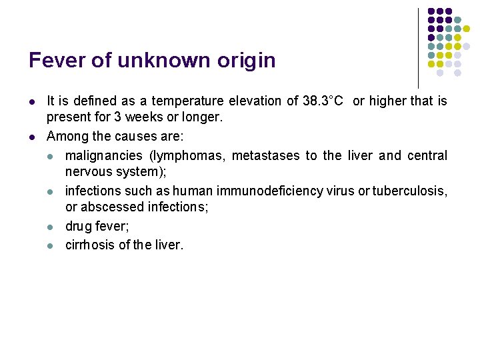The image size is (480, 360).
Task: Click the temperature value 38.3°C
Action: [x=323, y=101]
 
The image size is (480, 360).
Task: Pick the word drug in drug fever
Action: [x=78, y=227]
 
